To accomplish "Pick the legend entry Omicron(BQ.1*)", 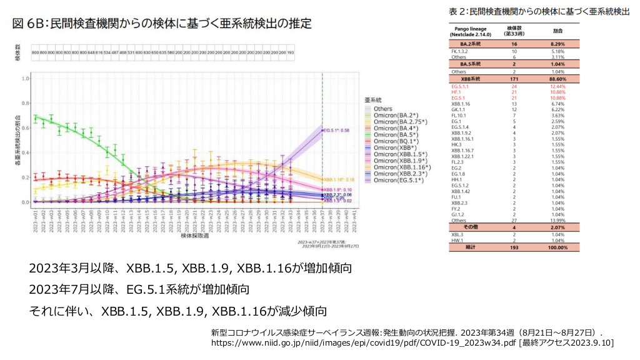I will coord(396,142).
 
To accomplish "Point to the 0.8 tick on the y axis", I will coord(26,103).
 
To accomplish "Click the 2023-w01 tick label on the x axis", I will coord(36,220).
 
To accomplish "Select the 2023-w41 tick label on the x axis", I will coord(355,220).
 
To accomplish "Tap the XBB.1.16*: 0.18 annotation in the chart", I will coord(340,179).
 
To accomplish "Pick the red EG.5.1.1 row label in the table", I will coord(460,86).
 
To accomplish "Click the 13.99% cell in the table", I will coord(558,221).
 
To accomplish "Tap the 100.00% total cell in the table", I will coord(558,247).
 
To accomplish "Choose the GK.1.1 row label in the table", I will coord(459,109).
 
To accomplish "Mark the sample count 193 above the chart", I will coord(291,53).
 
